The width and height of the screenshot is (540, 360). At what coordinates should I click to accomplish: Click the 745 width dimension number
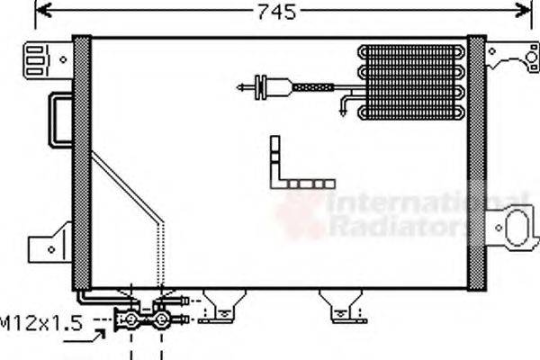tap(276, 12)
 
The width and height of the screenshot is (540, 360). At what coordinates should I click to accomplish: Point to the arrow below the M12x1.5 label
tap(96, 337)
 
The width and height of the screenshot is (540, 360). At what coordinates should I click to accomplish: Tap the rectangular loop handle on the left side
tap(61, 118)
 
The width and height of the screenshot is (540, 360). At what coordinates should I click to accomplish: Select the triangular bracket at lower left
tap(49, 243)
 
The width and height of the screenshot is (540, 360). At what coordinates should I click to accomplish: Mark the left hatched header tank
tap(82, 162)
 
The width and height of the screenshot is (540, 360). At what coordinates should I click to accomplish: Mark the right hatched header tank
tap(476, 162)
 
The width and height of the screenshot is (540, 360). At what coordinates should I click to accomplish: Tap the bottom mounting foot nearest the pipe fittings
tap(219, 307)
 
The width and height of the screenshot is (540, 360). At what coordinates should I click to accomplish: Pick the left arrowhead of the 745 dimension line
tap(41, 11)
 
